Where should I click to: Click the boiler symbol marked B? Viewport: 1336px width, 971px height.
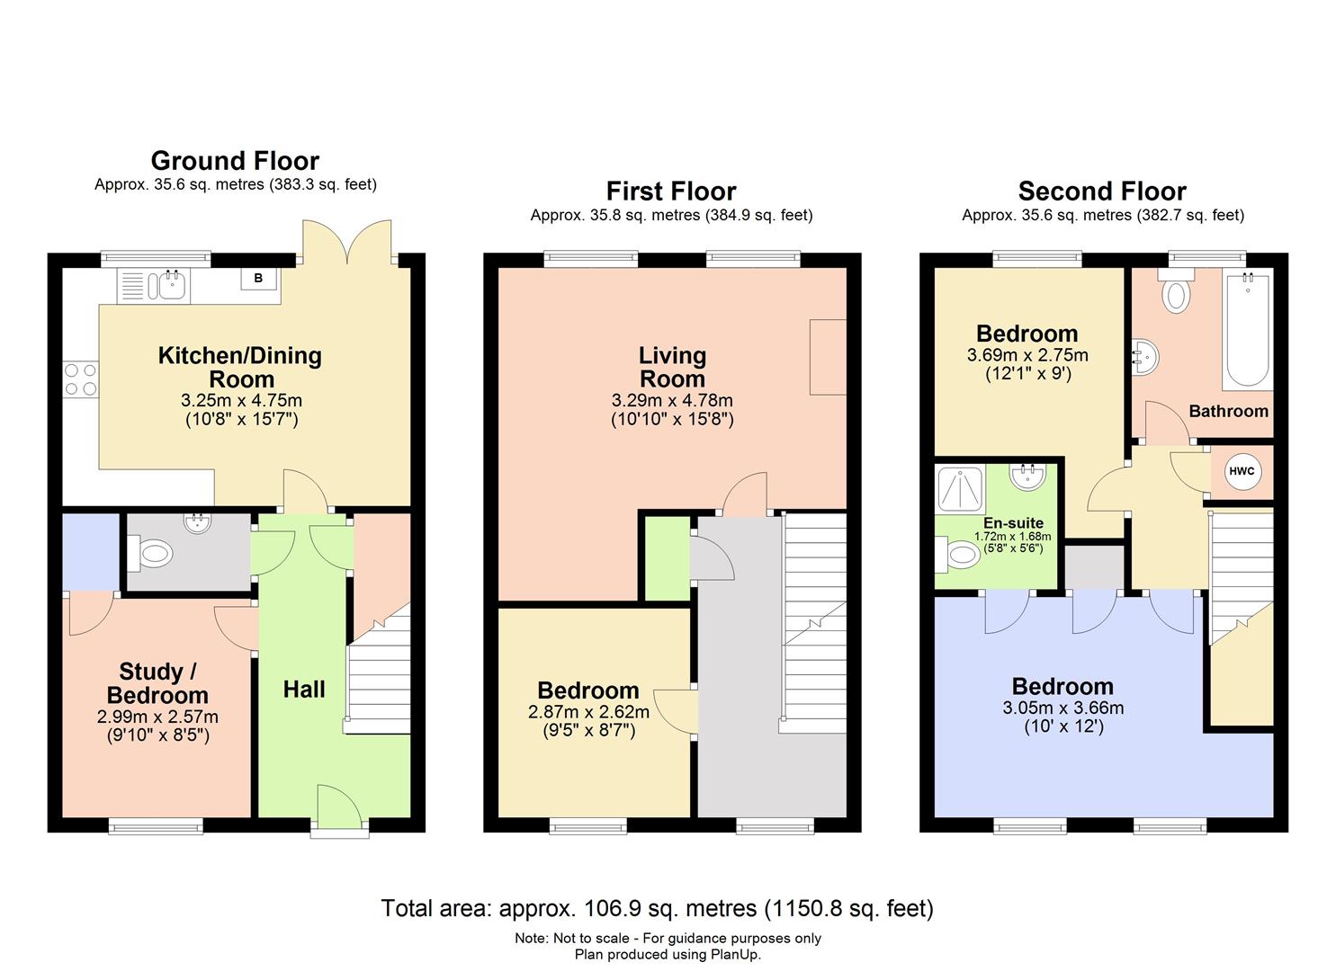pyautogui.click(x=258, y=279)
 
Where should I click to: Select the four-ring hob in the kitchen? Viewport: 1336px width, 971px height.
pyautogui.click(x=80, y=379)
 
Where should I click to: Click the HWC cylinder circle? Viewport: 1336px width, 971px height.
pyautogui.click(x=1242, y=472)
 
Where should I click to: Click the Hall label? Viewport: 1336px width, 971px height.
pyautogui.click(x=304, y=690)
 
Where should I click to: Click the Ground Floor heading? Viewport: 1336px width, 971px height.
pyautogui.click(x=235, y=161)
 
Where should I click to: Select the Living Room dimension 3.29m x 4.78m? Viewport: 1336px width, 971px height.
pyautogui.click(x=672, y=400)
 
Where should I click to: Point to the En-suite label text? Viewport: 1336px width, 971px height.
pyautogui.click(x=1013, y=523)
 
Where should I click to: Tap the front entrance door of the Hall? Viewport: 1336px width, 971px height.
pyautogui.click(x=339, y=806)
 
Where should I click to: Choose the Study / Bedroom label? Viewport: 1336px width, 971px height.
pyautogui.click(x=158, y=683)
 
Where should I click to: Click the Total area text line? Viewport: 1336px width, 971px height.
pyautogui.click(x=657, y=908)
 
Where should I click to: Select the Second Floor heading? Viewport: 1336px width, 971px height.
pyautogui.click(x=1102, y=192)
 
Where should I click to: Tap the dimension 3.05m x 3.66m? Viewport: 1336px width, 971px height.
pyautogui.click(x=1063, y=708)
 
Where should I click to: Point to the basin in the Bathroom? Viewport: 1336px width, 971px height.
pyautogui.click(x=1145, y=357)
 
